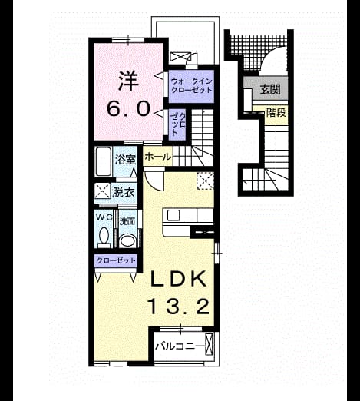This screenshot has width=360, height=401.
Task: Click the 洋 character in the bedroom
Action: (x=128, y=81)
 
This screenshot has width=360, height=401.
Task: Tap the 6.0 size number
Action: (x=128, y=108)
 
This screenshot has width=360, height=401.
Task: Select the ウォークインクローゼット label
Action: (x=191, y=86)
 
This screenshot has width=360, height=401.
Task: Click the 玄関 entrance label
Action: (x=270, y=89)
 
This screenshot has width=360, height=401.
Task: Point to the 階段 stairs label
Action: (x=276, y=112)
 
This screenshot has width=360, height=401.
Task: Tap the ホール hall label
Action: (x=157, y=157)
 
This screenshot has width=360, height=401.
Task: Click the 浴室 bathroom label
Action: (x=125, y=160)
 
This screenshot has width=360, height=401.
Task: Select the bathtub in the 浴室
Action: (x=104, y=161)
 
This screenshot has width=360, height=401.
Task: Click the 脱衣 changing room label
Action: (x=124, y=192)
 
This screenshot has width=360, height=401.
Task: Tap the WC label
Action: (x=104, y=217)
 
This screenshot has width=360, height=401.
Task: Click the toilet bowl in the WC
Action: (x=104, y=237)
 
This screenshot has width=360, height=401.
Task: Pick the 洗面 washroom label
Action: (x=127, y=221)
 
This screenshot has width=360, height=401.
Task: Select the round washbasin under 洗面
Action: (x=128, y=240)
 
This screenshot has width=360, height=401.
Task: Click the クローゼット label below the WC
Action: (x=116, y=260)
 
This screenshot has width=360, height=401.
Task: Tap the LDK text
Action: (x=178, y=279)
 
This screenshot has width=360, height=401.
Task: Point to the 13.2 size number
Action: (x=179, y=307)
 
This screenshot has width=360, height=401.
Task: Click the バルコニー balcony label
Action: (x=180, y=346)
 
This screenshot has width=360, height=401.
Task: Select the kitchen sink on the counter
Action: (x=173, y=215)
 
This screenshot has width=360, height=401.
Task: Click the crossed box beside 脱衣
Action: (x=102, y=191)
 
